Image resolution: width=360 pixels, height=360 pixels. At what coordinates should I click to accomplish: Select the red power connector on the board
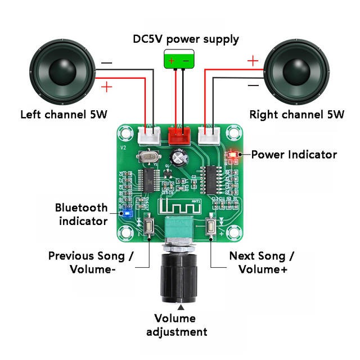pyautogui.click(x=179, y=134)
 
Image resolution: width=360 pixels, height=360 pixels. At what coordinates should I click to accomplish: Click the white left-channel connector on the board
pyautogui.click(x=148, y=134)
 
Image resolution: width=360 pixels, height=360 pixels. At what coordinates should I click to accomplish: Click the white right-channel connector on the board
pyautogui.click(x=209, y=134)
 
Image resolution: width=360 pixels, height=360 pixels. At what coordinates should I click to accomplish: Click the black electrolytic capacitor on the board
pyautogui.click(x=179, y=156)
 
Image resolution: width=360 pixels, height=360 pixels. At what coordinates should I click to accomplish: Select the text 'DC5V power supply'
pyautogui.click(x=186, y=39)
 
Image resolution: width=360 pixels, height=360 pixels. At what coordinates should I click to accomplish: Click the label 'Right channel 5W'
pyautogui.click(x=296, y=115)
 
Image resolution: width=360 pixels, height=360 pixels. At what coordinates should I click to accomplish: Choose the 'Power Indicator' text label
pyautogui.click(x=294, y=154)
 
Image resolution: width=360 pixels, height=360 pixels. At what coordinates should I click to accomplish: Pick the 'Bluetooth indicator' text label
pyautogui.click(x=82, y=214)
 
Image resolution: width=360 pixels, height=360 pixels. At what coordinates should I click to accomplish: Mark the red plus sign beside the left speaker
pyautogui.click(x=106, y=86)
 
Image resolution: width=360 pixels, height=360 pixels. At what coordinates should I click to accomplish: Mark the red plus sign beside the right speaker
pyautogui.click(x=253, y=60)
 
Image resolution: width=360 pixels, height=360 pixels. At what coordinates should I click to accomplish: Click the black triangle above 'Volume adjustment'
pyautogui.click(x=181, y=307)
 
